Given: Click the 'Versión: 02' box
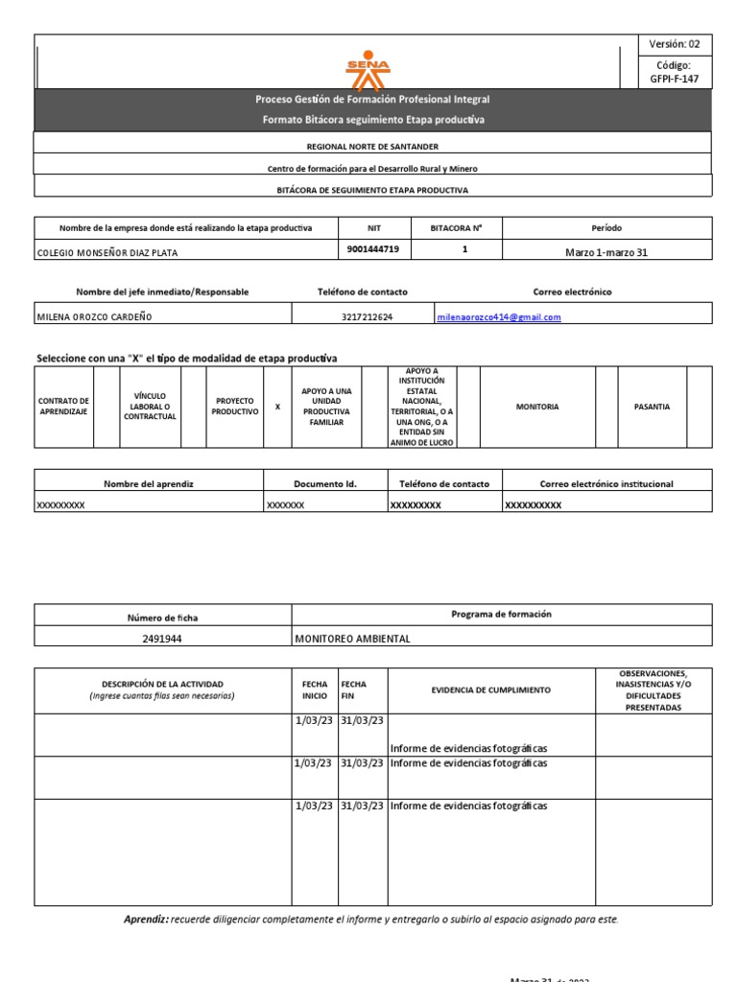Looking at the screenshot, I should (675, 44).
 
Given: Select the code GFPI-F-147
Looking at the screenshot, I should (675, 79).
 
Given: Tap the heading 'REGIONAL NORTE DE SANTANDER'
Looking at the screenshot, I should (372, 146).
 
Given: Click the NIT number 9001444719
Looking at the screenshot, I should (373, 249).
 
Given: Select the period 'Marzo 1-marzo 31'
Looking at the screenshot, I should (606, 252).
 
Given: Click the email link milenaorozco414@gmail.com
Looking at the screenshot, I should (498, 316).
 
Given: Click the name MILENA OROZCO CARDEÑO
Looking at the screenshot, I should (93, 316).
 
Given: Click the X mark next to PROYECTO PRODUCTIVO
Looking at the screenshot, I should (277, 407).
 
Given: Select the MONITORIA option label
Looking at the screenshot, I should (536, 407).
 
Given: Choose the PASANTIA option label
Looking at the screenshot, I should (652, 407).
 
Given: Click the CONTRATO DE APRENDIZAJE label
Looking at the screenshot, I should (64, 407).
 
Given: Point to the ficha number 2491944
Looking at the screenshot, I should (162, 639).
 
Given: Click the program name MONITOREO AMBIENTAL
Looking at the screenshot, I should (352, 639).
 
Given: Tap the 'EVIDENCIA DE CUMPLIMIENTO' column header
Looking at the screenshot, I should (490, 690).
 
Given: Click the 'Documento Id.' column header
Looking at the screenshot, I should (324, 484).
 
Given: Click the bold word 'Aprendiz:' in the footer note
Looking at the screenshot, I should (146, 920).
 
